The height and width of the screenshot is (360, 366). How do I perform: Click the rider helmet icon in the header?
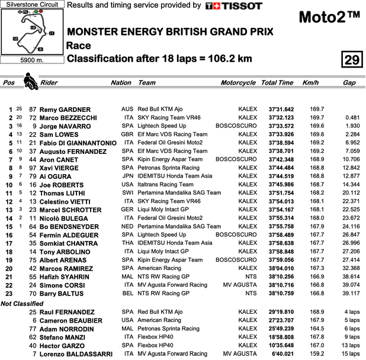(x=29, y=81)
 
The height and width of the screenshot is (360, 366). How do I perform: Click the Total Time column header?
(x=277, y=83)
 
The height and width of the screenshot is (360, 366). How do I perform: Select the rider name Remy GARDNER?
(x=66, y=110)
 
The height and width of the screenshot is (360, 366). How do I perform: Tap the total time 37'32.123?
(x=281, y=118)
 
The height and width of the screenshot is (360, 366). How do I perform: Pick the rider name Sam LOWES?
(x=62, y=134)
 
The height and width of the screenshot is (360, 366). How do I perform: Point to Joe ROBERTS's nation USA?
(x=127, y=185)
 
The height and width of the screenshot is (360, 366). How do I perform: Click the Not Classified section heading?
(x=22, y=304)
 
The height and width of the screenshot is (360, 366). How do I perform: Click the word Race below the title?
(x=79, y=45)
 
